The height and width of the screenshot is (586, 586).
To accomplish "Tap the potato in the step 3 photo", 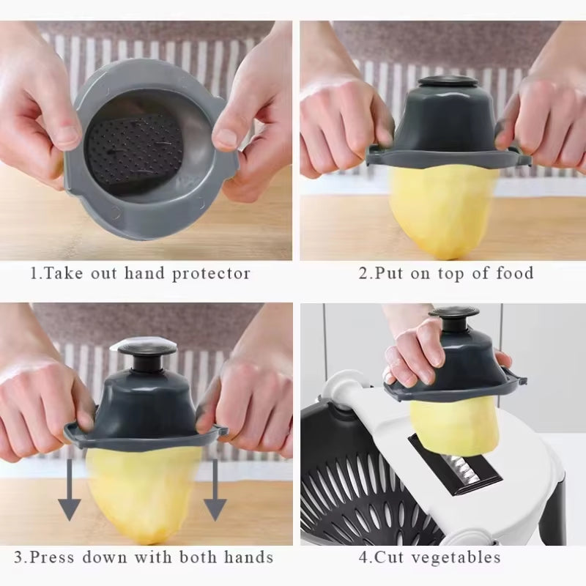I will tap(143, 491).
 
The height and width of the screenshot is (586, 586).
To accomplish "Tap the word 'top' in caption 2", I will tap(442, 274).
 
